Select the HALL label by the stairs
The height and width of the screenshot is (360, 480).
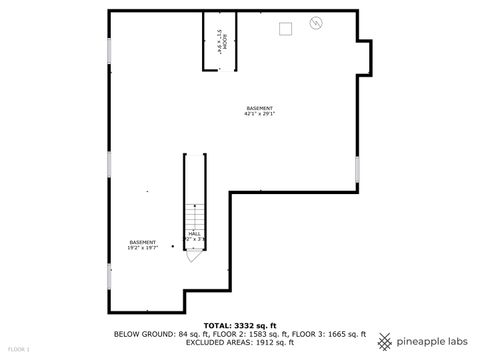[194, 234]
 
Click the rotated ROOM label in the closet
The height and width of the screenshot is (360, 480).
[220, 41]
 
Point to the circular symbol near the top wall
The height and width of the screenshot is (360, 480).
[318, 23]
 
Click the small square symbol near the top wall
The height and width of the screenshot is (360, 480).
[286, 28]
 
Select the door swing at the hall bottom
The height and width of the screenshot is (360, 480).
[191, 254]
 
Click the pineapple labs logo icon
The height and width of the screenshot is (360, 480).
[384, 342]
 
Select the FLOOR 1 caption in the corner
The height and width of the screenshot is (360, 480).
[19, 349]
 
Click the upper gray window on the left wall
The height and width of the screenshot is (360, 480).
[109, 53]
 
